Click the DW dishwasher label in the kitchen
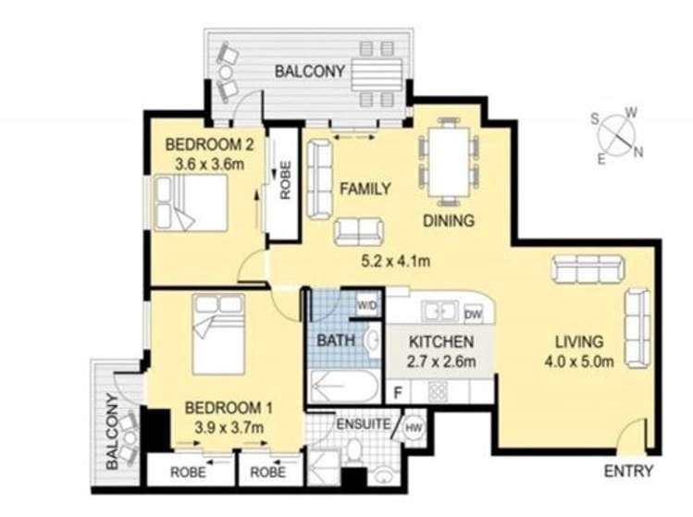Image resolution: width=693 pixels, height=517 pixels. pos(474,314)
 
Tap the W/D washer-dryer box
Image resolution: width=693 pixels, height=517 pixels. pos(367,305)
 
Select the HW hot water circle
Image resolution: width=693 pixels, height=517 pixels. pos(415,427)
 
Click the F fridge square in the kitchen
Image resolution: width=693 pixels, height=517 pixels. pos(398,392)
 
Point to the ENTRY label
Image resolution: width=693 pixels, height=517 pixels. pos(628,471)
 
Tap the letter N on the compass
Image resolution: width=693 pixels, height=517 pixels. pos(637,153)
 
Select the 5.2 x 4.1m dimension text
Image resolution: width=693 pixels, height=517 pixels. pos(396,261)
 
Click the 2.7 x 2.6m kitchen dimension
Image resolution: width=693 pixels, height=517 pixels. pos(441,362)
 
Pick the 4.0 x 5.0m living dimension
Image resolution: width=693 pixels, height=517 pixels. pos(579,362)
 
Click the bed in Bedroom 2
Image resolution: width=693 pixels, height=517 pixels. pos(191,203)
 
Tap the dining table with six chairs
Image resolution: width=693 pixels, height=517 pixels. pos(449,161)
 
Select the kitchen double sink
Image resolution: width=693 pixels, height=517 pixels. pos(439,311)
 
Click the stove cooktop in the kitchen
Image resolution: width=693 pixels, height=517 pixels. pos(437,391)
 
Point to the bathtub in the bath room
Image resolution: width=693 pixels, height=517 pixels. pos(344,388)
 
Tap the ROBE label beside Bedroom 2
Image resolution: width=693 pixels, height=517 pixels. pos(285,179)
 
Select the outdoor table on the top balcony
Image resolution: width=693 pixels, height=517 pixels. pos(377,75)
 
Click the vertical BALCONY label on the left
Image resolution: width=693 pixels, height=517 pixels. pos(113,431)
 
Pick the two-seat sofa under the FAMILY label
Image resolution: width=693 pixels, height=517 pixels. pos(359,232)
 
